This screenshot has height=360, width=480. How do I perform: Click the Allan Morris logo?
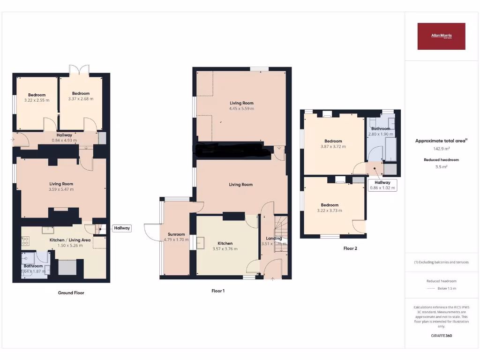441,36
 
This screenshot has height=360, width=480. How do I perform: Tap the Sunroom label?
174,234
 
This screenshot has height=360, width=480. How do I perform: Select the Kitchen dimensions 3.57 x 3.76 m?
225,249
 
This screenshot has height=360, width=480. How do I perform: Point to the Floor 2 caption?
350,248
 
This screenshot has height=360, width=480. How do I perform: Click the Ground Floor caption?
71,293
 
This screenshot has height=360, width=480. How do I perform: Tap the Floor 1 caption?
218,291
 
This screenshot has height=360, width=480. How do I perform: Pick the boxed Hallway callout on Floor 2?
382,185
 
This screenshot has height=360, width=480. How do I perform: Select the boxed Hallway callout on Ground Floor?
122,228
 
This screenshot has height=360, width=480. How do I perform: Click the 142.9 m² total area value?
441,149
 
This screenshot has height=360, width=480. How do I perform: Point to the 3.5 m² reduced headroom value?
441,166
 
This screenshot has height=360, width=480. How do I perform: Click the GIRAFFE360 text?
441,336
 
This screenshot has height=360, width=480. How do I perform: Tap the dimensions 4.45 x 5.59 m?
241,109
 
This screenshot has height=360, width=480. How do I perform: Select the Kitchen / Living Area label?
70,240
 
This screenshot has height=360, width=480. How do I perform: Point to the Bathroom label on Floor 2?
381,128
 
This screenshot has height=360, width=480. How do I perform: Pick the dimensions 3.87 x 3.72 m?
333,147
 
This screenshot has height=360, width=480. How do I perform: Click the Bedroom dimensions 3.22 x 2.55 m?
37,100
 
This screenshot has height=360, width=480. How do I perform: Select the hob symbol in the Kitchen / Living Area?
26,241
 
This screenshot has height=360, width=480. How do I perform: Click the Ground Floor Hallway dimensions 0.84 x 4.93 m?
64,140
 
